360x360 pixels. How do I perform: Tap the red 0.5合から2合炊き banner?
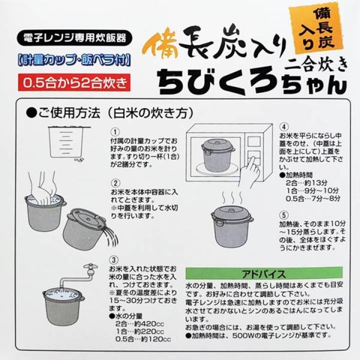(x=74, y=83)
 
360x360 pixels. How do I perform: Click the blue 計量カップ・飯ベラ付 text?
(x=74, y=61)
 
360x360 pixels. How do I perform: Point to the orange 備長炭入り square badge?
(x=316, y=29)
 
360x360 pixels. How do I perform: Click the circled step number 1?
(x=115, y=132)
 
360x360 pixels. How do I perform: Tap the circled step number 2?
(x=115, y=183)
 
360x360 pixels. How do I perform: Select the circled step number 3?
(x=114, y=260)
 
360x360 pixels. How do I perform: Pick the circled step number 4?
(x=284, y=127)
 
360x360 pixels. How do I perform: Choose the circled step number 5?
(x=284, y=215)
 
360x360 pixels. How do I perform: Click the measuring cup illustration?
(x=67, y=143)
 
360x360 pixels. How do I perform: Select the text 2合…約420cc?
(x=140, y=324)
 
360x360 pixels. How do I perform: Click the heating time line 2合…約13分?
(x=307, y=183)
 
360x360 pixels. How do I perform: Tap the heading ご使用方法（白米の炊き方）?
(x=110, y=113)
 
